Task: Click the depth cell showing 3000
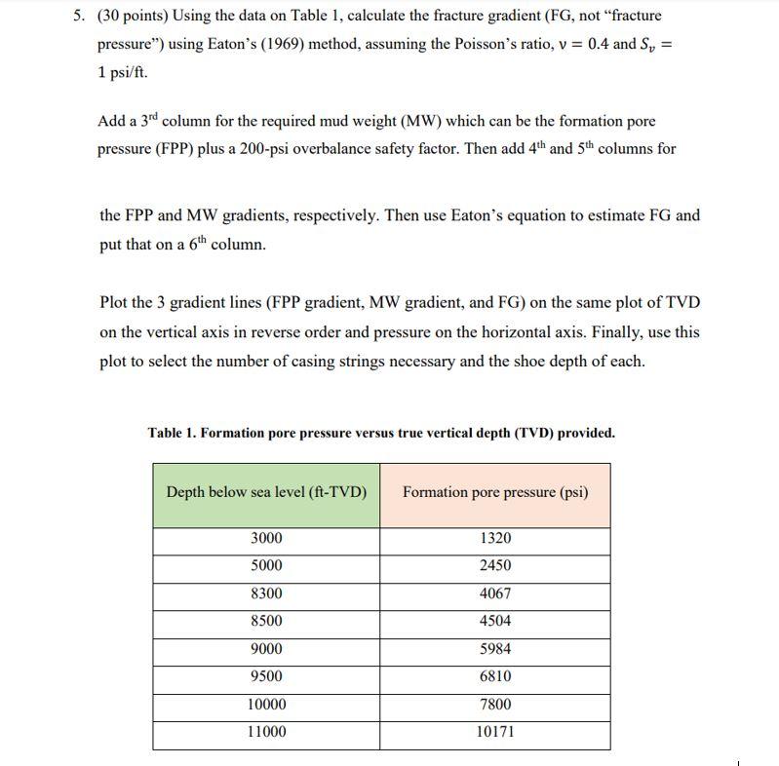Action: pos(266,538)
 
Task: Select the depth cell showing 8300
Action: pos(266,593)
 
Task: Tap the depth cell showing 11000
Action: pos(266,731)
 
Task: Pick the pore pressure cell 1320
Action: pos(495,538)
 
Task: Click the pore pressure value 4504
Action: pos(495,621)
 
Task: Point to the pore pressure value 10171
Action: pos(495,731)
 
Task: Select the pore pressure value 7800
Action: pos(495,704)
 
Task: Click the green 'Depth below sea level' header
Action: pos(266,492)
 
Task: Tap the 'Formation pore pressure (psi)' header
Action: pos(495,492)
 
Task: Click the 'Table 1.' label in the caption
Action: pos(172,433)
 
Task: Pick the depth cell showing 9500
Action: pos(266,675)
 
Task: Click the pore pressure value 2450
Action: pos(495,565)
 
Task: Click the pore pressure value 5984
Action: pos(495,648)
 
